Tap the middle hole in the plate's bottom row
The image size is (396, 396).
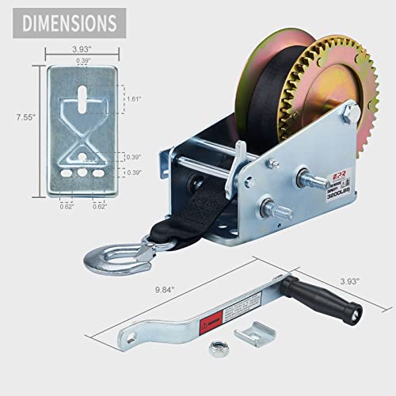click(x=82, y=170)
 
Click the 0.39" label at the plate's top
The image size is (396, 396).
click(x=82, y=61)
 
